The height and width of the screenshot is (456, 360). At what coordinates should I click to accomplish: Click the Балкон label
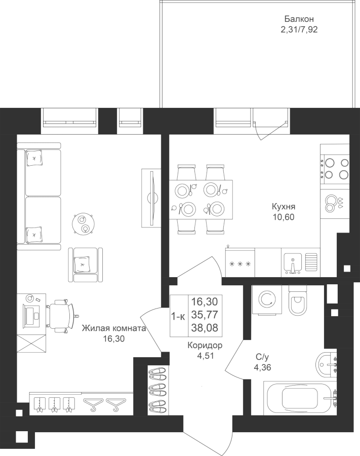tap(299, 19)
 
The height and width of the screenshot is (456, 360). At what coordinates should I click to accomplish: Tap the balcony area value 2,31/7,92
tap(299, 30)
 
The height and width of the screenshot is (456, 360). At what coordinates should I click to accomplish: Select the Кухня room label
tap(284, 207)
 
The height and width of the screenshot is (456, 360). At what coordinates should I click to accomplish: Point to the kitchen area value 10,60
tap(284, 217)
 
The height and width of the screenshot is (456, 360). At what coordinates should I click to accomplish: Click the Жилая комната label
tap(113, 328)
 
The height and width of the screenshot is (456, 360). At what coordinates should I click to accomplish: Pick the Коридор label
tap(205, 346)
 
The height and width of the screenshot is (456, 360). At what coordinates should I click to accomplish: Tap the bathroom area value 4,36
tap(262, 368)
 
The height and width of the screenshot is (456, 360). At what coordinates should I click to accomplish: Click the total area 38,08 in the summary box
tap(205, 328)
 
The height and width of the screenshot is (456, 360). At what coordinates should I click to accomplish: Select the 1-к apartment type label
tap(178, 316)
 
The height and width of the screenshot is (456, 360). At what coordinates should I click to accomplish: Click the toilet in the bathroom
tap(298, 300)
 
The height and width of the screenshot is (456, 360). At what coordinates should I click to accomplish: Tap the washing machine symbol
tap(267, 300)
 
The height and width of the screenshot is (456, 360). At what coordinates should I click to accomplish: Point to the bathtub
tap(300, 398)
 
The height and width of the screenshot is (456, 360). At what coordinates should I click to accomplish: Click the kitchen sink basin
tap(293, 263)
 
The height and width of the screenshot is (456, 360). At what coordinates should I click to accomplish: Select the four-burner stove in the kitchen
tap(335, 169)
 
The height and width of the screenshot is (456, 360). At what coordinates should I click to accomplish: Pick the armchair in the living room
tap(86, 264)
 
